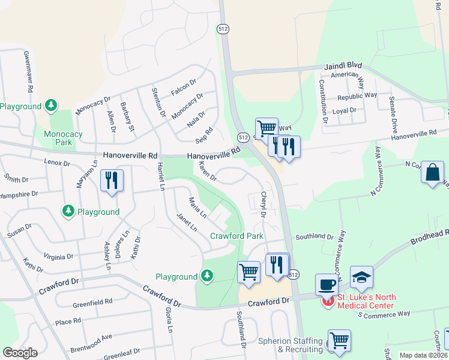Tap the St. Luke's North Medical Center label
click(365, 301)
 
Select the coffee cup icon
click(328, 284)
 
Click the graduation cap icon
click(362, 277)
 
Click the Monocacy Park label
click(58, 137)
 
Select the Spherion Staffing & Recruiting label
click(291, 345)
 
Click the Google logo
click(20, 353)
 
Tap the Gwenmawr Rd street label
click(28, 71)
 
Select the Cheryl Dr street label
click(262, 205)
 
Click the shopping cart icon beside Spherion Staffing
click(339, 340)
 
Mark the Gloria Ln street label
click(169, 320)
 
